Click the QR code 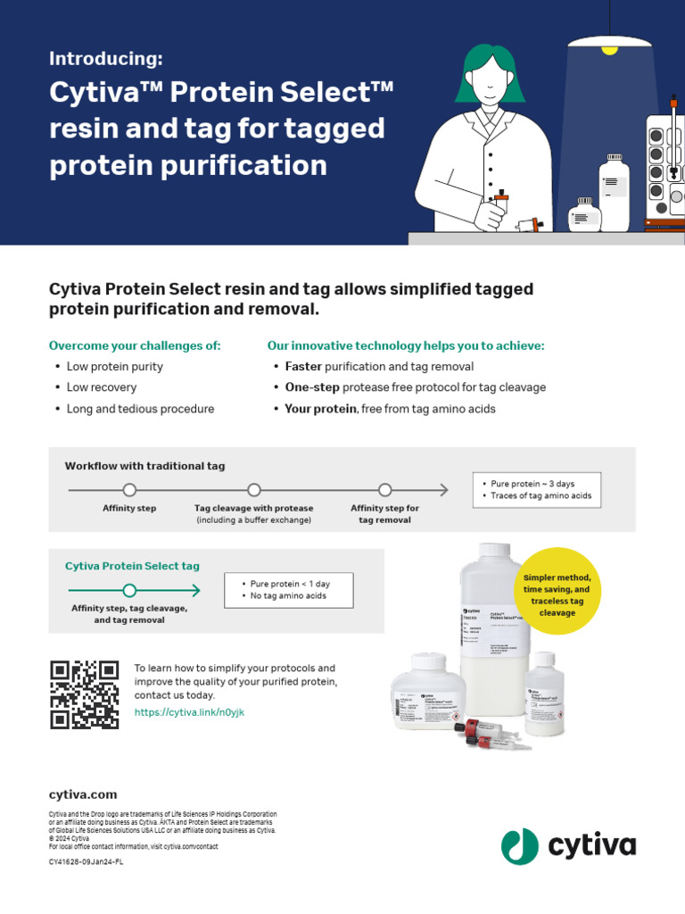(x=85, y=694)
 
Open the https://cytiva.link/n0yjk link (x=189, y=712)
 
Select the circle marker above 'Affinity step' (x=129, y=489)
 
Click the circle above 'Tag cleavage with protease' (x=254, y=489)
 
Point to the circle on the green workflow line (x=129, y=590)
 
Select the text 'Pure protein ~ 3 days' (x=533, y=483)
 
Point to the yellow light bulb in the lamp (x=609, y=50)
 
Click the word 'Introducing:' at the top (x=106, y=59)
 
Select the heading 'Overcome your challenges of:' (x=135, y=345)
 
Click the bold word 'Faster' (x=303, y=367)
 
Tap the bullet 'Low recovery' (x=102, y=387)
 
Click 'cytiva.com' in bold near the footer (x=83, y=794)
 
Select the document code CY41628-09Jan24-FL (x=86, y=862)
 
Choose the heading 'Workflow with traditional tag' (x=144, y=466)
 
